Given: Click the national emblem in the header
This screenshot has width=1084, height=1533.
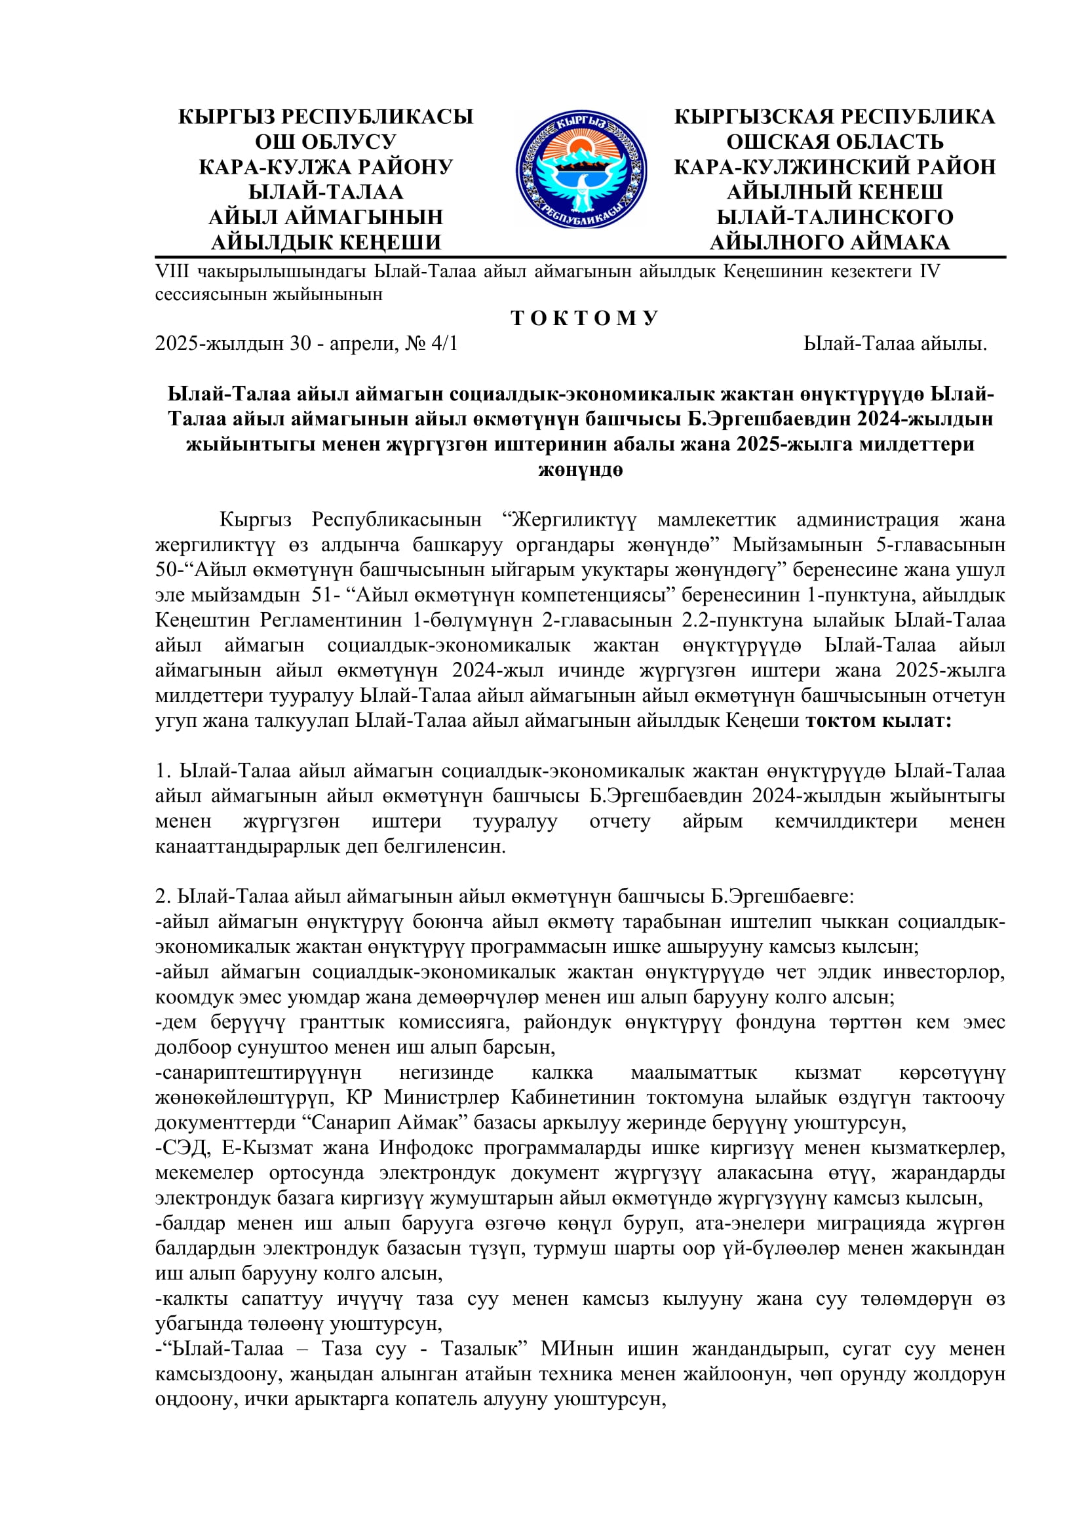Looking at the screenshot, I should (x=581, y=170).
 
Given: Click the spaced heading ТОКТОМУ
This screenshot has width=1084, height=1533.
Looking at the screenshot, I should (x=585, y=319).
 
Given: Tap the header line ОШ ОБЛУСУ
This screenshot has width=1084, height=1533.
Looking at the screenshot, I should (x=325, y=142).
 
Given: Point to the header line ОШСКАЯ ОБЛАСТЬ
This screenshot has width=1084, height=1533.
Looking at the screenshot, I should (x=834, y=142).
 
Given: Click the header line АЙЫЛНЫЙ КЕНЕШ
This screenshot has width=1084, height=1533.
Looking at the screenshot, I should (x=834, y=192).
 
